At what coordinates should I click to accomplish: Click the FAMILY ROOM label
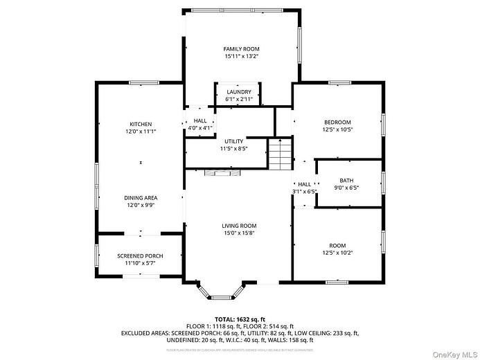pos(241,48)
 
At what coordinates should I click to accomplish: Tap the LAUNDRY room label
pos(239,91)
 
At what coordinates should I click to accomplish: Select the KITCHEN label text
pos(141,124)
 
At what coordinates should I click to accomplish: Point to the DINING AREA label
pos(141,197)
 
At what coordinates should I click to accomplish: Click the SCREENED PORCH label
pos(140,255)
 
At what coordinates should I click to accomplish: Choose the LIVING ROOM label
pos(239,225)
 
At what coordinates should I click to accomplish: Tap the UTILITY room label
pos(233,141)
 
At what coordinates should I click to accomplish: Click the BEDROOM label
pos(337,122)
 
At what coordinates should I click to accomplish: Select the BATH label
pos(346,180)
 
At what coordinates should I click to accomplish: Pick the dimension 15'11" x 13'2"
pos(241,56)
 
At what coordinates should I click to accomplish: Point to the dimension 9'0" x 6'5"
pos(346,187)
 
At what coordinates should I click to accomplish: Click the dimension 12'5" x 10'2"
pos(337,253)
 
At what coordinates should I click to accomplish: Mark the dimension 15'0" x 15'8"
pos(239,233)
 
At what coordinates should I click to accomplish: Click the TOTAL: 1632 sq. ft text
pos(239,319)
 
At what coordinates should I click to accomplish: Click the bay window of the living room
pos(220,294)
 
